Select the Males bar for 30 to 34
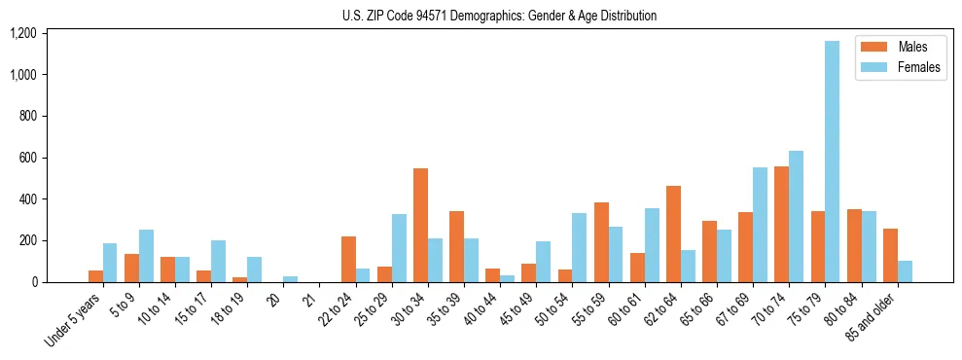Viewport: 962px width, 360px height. (x=420, y=225)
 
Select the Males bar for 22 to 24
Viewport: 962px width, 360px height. (x=348, y=259)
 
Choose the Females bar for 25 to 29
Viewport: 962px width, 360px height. (x=399, y=248)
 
